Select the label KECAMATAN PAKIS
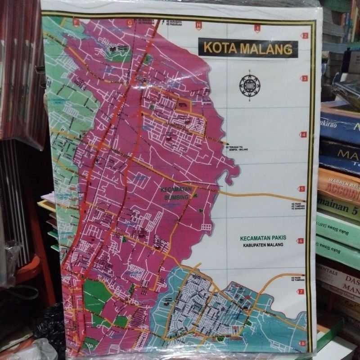point(264,237)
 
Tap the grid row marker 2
point(305,36)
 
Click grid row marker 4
point(303,134)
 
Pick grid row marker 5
point(302,189)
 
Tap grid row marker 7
point(301,292)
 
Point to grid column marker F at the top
point(77,22)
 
